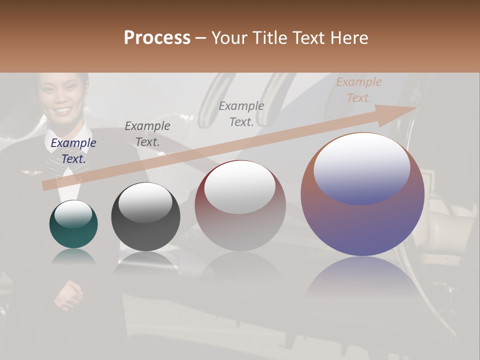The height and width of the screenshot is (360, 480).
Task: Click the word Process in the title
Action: pos(157,38)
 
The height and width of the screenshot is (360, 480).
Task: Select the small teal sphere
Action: pos(73,224)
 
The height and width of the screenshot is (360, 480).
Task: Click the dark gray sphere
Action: pos(145,216)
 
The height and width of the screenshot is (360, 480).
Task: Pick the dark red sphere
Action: pos(240,205)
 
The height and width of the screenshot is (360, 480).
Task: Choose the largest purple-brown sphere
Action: pos(362,194)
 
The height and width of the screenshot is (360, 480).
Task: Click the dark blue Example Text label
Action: pos(73,151)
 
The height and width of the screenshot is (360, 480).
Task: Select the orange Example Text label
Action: pos(359,90)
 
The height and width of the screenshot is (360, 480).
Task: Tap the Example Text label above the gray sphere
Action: pos(147,134)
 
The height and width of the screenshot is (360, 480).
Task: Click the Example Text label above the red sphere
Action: pos(241,114)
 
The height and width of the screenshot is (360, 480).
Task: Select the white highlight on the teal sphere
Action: pos(73,214)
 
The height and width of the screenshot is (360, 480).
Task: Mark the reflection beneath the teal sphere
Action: pos(73,257)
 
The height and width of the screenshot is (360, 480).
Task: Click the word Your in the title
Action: pos(230,38)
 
